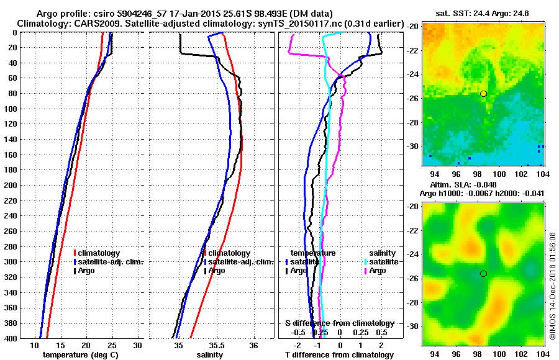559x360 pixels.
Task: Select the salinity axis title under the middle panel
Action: (x=210, y=355)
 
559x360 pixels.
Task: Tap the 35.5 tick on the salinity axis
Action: (x=216, y=345)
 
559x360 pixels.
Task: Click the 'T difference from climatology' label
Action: (x=339, y=355)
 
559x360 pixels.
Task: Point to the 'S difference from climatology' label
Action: (x=339, y=323)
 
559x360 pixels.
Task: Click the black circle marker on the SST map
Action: (x=483, y=94)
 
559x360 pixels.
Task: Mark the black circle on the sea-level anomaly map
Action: (x=483, y=274)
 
